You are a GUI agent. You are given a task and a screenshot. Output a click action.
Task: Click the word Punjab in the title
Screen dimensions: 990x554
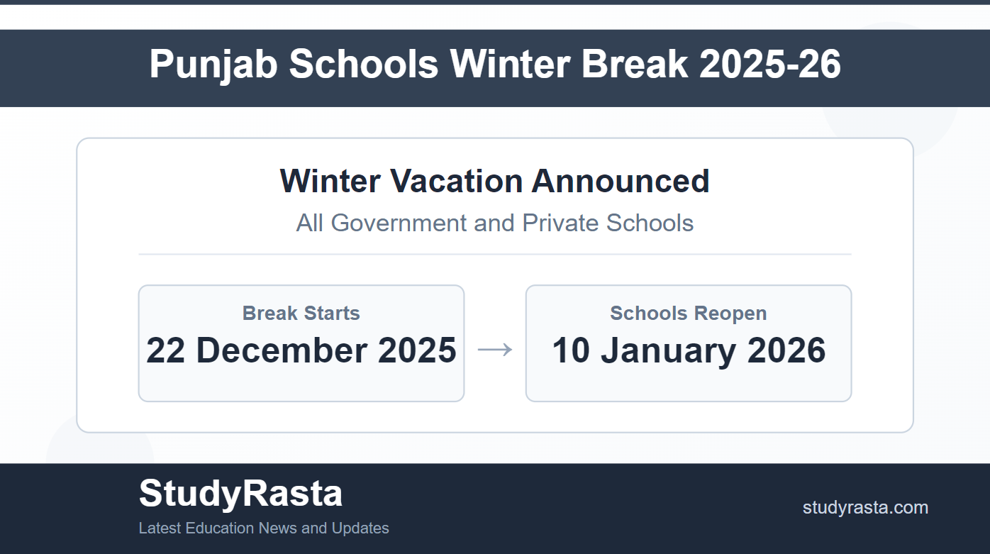(213, 65)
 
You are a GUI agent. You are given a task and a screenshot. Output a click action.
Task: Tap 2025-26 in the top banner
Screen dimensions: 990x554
(770, 64)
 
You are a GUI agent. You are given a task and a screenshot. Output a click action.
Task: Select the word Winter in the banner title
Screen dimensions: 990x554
(510, 64)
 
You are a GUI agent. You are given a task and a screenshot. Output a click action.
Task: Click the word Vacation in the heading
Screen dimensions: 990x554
(457, 181)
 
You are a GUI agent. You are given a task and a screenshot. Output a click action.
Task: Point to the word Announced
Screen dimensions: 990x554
(621, 181)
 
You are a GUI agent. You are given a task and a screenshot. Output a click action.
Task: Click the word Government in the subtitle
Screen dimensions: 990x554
(399, 223)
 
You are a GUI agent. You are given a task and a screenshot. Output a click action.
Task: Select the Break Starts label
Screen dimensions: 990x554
(301, 313)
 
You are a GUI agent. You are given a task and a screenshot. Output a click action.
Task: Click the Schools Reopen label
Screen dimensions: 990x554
(688, 313)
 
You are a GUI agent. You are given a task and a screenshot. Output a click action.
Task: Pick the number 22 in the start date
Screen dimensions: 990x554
(165, 350)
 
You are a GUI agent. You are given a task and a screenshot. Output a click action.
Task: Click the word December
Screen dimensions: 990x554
(282, 350)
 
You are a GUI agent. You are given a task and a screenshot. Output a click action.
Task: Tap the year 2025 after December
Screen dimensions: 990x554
(417, 350)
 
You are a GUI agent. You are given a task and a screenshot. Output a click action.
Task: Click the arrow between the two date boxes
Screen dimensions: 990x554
(495, 350)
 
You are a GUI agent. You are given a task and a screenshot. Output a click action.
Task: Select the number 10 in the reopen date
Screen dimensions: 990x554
(571, 350)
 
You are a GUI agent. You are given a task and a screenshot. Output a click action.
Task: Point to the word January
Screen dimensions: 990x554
(668, 351)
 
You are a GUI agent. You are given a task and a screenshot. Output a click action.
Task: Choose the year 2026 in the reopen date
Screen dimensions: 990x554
(786, 350)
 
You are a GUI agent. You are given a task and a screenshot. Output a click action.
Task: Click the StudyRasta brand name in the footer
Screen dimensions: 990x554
(240, 494)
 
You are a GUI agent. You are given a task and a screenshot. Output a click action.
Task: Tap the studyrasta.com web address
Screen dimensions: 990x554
(865, 508)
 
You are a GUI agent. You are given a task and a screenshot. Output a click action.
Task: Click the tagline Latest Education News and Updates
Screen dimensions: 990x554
(264, 528)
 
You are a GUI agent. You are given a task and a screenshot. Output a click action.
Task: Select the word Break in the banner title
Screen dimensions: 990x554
(634, 64)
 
